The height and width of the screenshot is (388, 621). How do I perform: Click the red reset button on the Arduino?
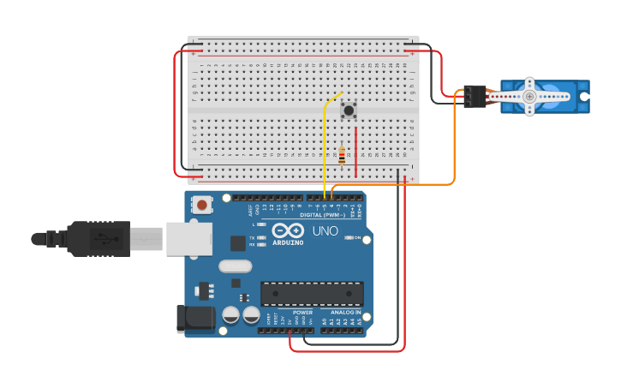(202, 205)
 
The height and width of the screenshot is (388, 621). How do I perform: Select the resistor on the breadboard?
(342, 156)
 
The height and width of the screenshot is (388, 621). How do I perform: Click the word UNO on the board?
(324, 231)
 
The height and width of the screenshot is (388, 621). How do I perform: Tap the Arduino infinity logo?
(288, 230)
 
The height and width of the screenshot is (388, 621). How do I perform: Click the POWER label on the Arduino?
(302, 313)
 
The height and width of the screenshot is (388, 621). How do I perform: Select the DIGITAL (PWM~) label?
(322, 215)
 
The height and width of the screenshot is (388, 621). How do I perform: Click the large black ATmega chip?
(312, 294)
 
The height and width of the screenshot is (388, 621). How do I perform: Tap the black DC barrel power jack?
(194, 318)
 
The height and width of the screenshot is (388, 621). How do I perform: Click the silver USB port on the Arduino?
(188, 239)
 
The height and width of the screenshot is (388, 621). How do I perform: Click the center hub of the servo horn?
(529, 97)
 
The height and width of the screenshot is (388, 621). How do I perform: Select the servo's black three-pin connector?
(474, 96)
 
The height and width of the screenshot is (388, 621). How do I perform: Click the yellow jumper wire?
(325, 146)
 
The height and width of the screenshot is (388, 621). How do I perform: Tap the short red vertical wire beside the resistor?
(355, 152)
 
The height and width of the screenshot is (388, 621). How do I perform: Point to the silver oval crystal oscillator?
(235, 266)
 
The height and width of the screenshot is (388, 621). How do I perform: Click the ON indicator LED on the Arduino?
(349, 237)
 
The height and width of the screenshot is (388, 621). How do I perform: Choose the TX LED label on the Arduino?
(253, 237)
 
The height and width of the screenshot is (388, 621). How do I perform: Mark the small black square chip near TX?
(237, 243)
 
